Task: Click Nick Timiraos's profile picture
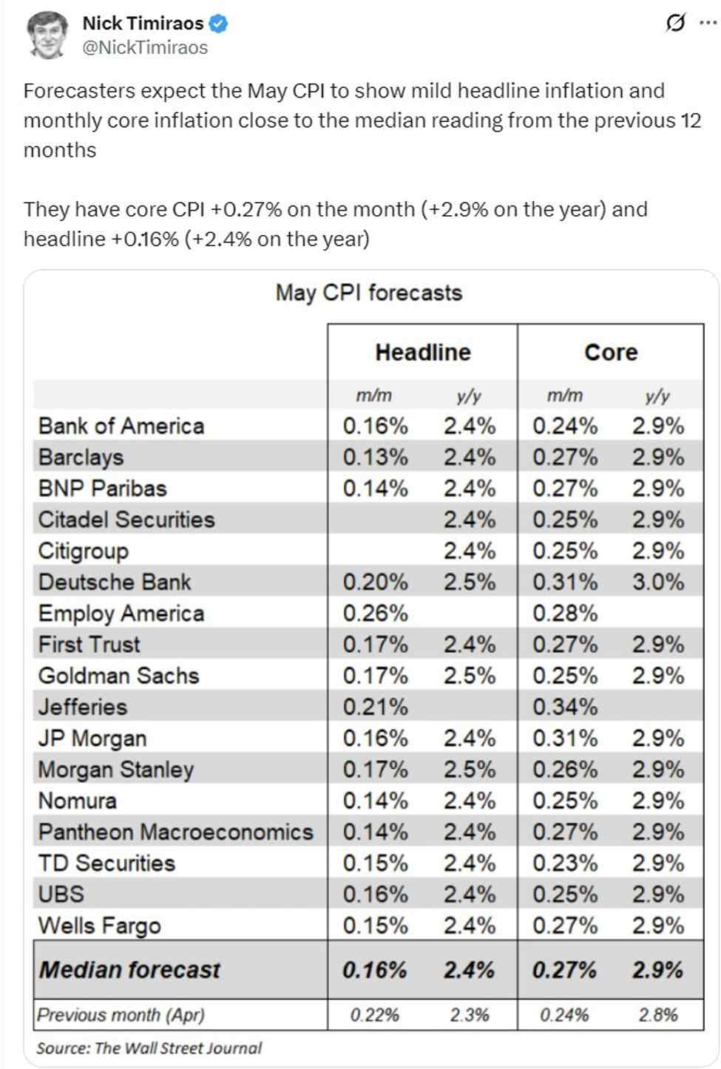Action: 48,35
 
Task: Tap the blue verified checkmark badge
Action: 218,24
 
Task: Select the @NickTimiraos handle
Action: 145,48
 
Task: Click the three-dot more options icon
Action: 708,23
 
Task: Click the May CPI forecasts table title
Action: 368,293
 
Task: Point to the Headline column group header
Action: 422,353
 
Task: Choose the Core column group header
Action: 611,353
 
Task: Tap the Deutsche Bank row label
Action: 115,583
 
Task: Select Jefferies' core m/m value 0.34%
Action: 565,707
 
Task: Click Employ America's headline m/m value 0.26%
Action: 375,614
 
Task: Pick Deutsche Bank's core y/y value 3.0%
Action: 657,583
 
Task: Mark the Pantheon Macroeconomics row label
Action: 176,832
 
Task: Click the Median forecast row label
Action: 129,970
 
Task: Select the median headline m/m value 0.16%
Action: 374,970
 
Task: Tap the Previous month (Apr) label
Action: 121,1015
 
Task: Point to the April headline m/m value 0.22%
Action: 374,1015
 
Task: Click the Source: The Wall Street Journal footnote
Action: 149,1048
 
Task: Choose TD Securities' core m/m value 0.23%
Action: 565,863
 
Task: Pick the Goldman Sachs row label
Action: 118,676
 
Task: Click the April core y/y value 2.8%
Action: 657,1015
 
